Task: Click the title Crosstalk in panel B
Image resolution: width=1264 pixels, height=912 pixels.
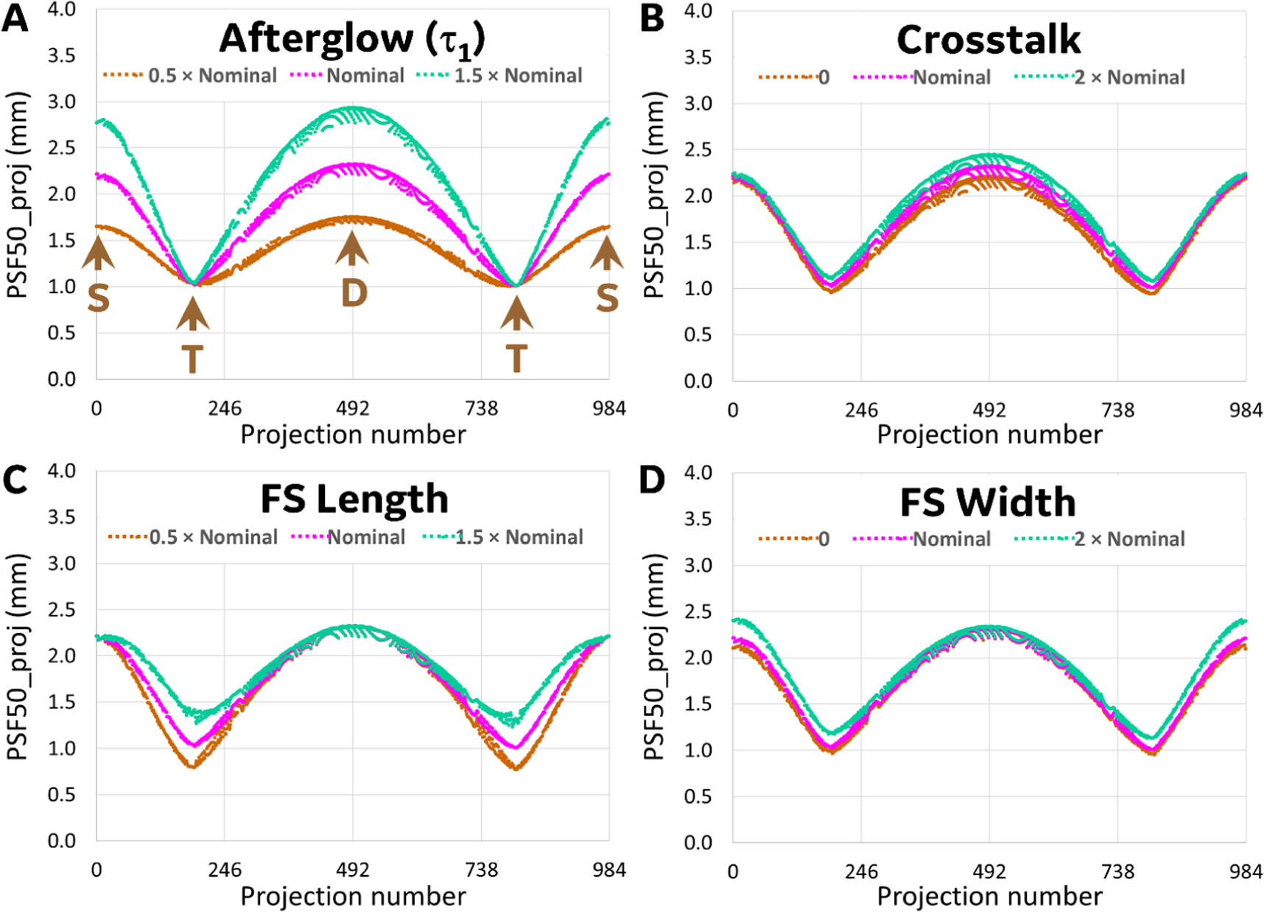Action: pos(988,40)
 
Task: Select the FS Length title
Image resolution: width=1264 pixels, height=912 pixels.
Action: pos(354,499)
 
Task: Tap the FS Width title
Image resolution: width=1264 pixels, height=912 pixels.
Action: pos(988,502)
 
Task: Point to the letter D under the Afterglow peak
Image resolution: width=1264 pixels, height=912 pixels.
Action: pos(354,293)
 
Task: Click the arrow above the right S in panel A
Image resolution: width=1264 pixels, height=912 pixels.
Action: pos(607,252)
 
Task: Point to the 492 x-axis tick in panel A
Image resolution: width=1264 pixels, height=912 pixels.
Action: pos(353,408)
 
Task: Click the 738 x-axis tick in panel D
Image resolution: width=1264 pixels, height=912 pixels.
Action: pos(1117,872)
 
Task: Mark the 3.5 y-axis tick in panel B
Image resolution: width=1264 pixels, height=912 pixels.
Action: pos(697,57)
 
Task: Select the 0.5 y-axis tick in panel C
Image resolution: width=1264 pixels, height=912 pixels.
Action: pos(61,794)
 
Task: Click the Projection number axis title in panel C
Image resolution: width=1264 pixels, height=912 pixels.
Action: pos(353,897)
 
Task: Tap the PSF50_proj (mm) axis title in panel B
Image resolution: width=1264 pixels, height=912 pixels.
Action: pos(654,195)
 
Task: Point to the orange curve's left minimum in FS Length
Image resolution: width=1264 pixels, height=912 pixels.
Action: pos(192,767)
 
